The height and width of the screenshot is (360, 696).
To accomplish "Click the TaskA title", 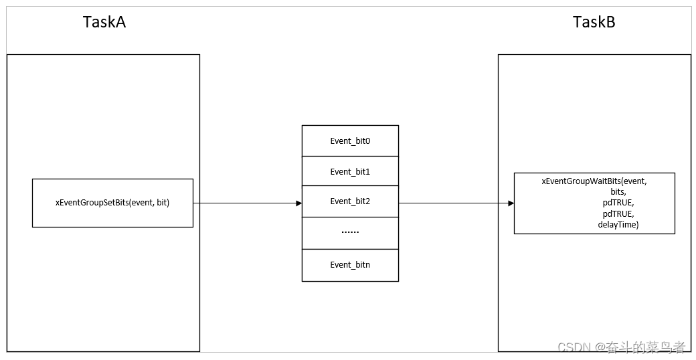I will [104, 22].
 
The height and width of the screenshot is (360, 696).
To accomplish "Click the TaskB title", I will [594, 22].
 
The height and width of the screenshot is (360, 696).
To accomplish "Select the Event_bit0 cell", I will [350, 141].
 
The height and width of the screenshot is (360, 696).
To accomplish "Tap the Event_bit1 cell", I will [350, 172].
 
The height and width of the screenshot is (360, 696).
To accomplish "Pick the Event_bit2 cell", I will [350, 201].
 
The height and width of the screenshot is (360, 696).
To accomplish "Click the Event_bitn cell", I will [350, 265].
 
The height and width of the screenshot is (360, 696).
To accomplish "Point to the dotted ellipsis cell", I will [350, 232].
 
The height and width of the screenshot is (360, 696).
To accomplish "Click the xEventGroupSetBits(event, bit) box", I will [112, 203].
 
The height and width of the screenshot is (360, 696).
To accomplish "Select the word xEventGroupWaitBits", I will [580, 181].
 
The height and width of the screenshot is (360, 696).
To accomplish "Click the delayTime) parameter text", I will [618, 225].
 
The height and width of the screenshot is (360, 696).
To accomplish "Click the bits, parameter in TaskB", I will [618, 192].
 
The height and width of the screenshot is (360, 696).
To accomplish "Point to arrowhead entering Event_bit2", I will [298, 203].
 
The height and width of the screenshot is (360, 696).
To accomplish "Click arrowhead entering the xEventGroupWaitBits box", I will [511, 203].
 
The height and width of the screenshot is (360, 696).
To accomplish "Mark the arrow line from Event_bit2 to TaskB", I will [455, 203].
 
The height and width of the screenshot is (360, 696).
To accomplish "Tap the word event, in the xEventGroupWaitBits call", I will [634, 181].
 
